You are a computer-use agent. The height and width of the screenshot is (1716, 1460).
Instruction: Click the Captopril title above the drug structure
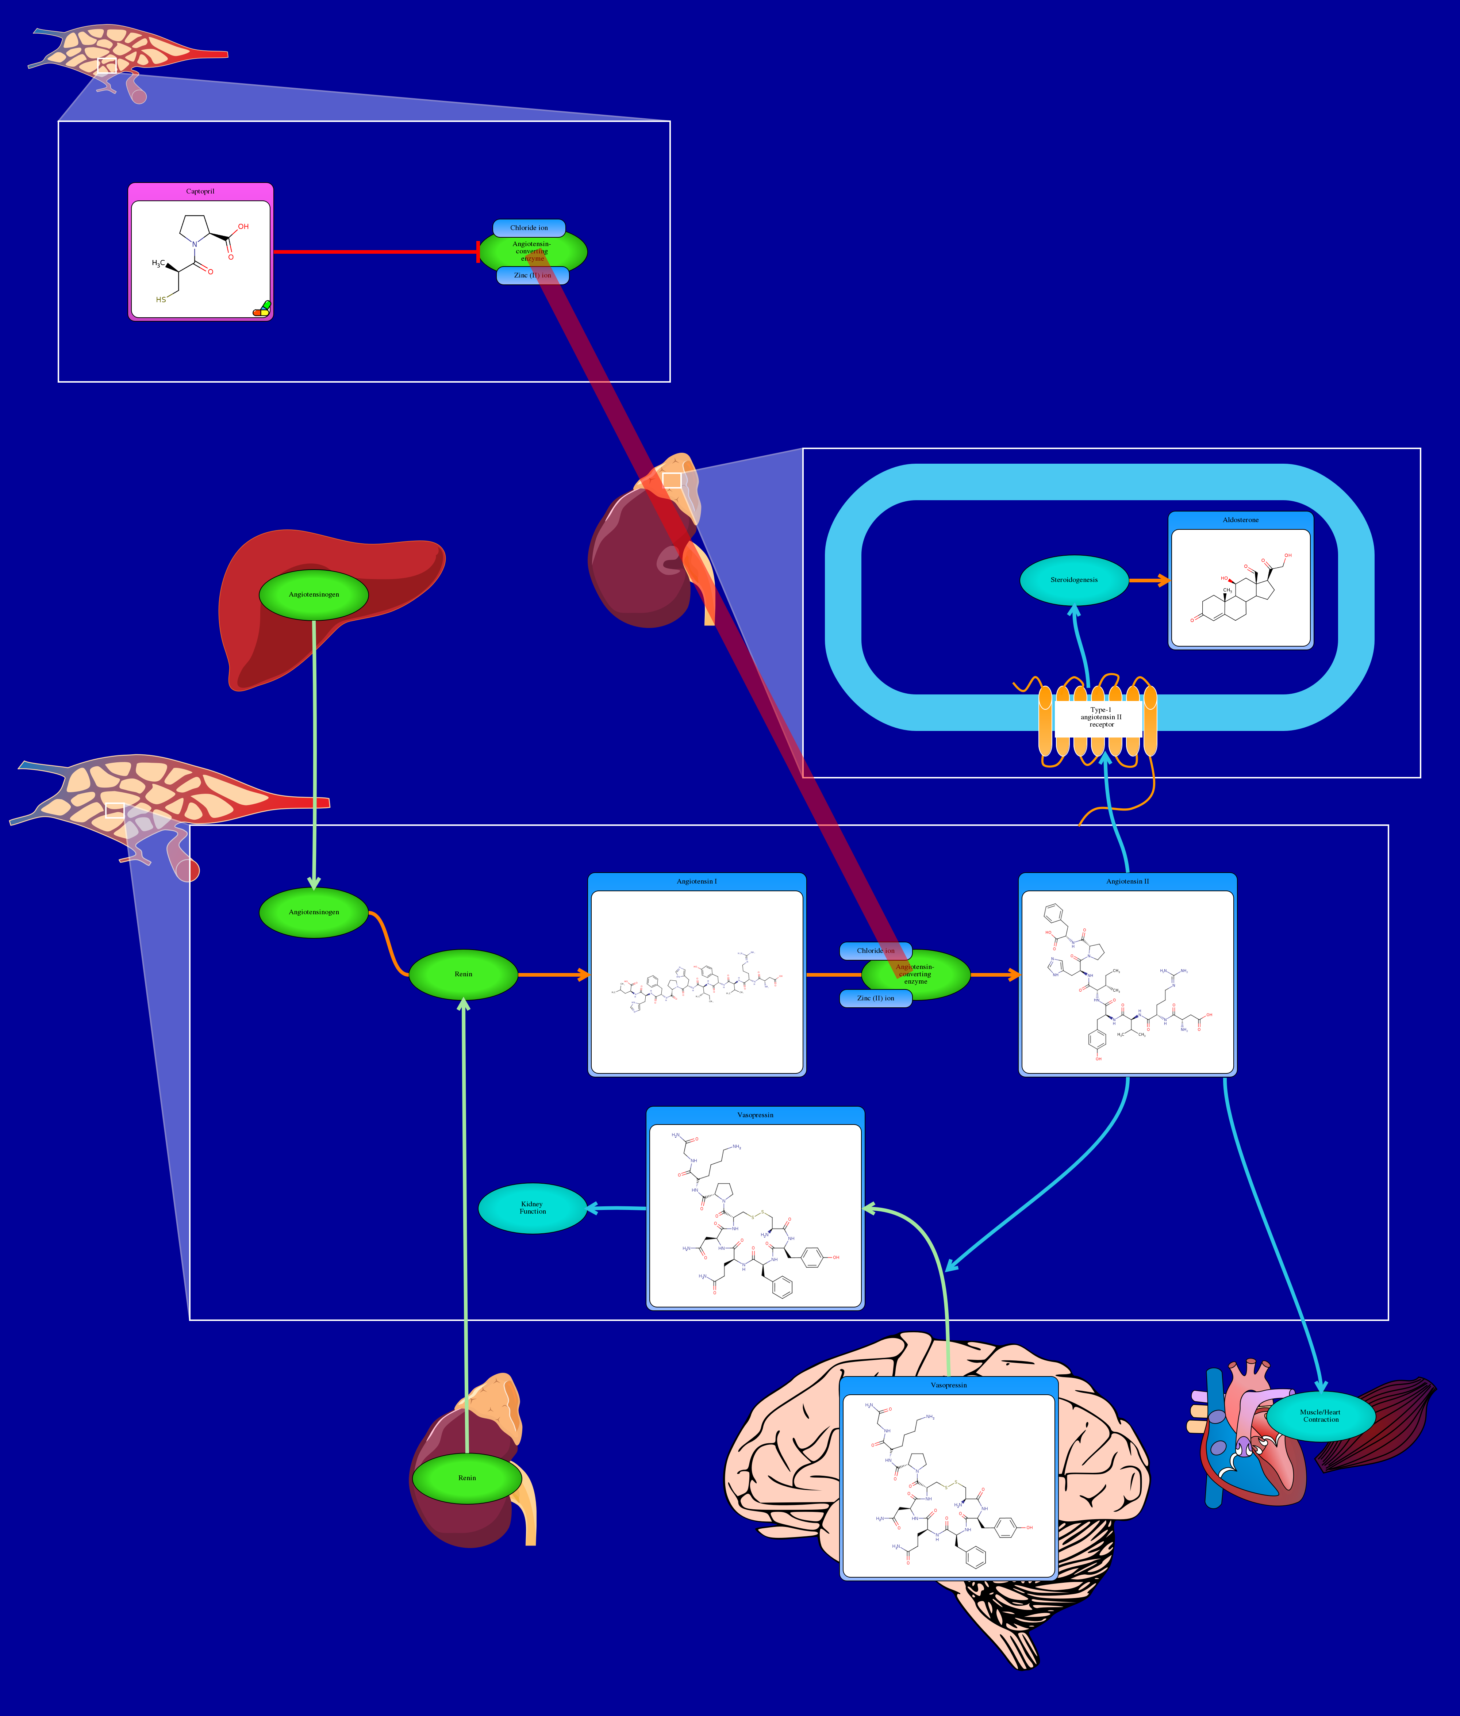(x=200, y=191)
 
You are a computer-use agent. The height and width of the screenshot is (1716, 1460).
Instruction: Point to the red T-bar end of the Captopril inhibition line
(x=479, y=252)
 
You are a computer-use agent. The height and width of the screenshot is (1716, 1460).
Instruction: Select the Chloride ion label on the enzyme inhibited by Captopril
(x=529, y=227)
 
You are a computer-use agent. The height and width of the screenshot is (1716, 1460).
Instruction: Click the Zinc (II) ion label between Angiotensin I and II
(x=876, y=998)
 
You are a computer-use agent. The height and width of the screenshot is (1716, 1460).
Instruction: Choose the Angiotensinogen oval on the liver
(x=314, y=594)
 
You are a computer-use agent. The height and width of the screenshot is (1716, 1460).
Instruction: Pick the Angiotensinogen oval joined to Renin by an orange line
(x=314, y=912)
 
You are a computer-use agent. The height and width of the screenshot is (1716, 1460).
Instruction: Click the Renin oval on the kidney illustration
(x=467, y=1478)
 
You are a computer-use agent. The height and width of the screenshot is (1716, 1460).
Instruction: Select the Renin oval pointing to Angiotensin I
(x=464, y=974)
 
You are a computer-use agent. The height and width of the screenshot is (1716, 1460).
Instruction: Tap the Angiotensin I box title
(x=697, y=882)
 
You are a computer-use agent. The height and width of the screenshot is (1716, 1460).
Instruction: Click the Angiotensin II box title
(x=1127, y=882)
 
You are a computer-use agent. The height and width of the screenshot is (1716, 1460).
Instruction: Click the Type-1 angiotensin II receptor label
(x=1101, y=717)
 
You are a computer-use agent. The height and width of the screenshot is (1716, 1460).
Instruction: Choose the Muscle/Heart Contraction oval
(x=1320, y=1416)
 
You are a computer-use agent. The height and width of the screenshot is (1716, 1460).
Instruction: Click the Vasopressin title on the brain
(x=949, y=1385)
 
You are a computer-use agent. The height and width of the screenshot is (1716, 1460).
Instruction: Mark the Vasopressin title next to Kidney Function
(x=755, y=1115)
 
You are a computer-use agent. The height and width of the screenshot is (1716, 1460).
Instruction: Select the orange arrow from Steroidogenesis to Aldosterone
(x=1149, y=580)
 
